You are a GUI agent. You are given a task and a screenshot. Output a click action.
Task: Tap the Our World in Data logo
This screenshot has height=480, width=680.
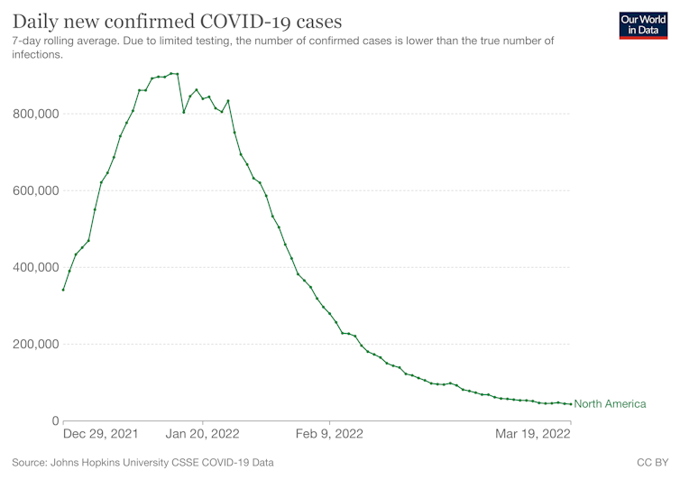(644, 24)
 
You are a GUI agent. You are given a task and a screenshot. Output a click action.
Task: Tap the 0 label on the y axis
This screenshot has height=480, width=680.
(55, 420)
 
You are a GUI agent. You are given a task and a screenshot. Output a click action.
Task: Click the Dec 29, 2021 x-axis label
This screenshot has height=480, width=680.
(101, 434)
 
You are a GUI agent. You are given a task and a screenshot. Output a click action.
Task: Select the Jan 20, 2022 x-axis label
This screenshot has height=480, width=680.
(203, 434)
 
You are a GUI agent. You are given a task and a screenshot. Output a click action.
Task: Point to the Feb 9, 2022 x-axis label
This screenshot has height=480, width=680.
(330, 434)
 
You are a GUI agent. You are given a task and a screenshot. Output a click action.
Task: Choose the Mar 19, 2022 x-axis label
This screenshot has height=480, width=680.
(533, 434)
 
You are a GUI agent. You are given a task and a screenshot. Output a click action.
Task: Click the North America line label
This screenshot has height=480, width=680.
(610, 404)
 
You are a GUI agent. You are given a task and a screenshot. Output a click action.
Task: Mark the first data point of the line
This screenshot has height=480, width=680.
(63, 290)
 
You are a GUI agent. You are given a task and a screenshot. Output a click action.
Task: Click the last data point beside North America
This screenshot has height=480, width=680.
(570, 403)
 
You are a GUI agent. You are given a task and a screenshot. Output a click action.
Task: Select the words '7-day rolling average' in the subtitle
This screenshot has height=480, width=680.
(66, 41)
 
